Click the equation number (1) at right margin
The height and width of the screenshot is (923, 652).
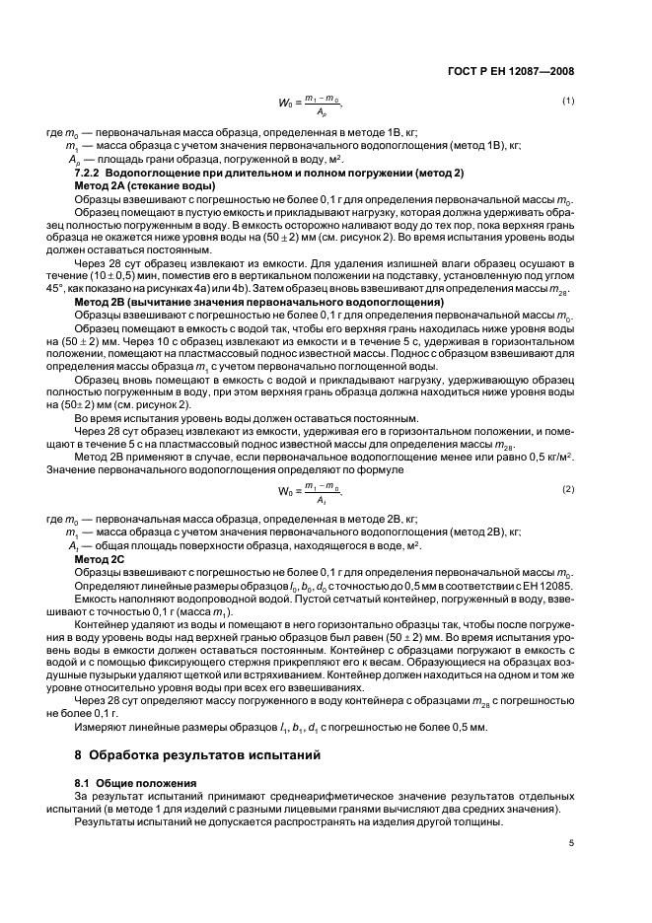(x=568, y=102)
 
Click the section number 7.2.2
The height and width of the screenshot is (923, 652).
(x=94, y=174)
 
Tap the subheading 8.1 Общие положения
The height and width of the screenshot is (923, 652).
(x=138, y=782)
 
